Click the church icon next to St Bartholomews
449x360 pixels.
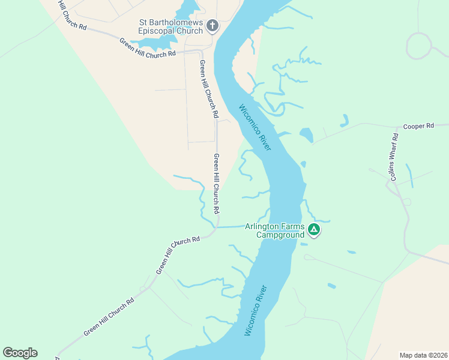[x=212, y=26]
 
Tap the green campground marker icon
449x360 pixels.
[x=313, y=229]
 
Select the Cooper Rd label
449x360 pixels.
[x=418, y=127]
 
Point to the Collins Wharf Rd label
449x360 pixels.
[x=394, y=157]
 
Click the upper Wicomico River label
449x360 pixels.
[x=255, y=128]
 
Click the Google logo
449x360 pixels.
[x=20, y=353]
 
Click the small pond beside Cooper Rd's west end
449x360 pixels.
[x=306, y=135]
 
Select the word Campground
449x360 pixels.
[x=280, y=235]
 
